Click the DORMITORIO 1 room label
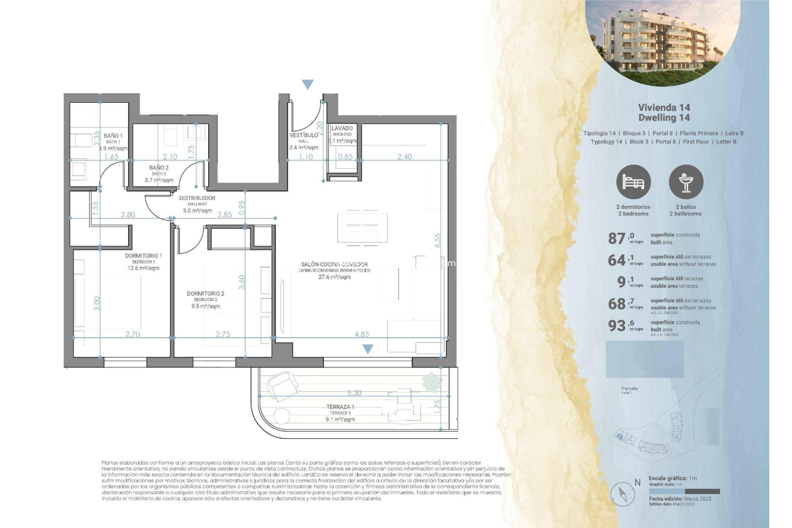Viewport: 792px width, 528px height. coord(143,256)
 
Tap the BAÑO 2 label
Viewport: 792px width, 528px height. coord(159,168)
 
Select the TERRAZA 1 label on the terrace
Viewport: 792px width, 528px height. coord(340,407)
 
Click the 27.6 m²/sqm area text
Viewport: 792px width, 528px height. coord(334,277)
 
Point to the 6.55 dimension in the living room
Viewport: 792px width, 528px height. coord(437,240)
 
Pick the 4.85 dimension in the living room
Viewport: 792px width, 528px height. coord(362,334)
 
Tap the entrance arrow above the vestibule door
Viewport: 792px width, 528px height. coord(308,85)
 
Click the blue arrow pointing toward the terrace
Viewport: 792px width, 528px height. coord(368,349)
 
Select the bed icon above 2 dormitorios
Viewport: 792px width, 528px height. coord(633,182)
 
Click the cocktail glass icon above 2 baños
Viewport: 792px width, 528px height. coord(686,182)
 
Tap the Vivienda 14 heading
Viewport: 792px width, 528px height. coord(664,108)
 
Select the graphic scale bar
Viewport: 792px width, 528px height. coord(684,492)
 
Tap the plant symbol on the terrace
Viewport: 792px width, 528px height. coord(432,382)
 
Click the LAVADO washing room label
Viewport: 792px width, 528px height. coord(342,128)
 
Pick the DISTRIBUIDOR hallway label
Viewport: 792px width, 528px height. coord(197,198)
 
